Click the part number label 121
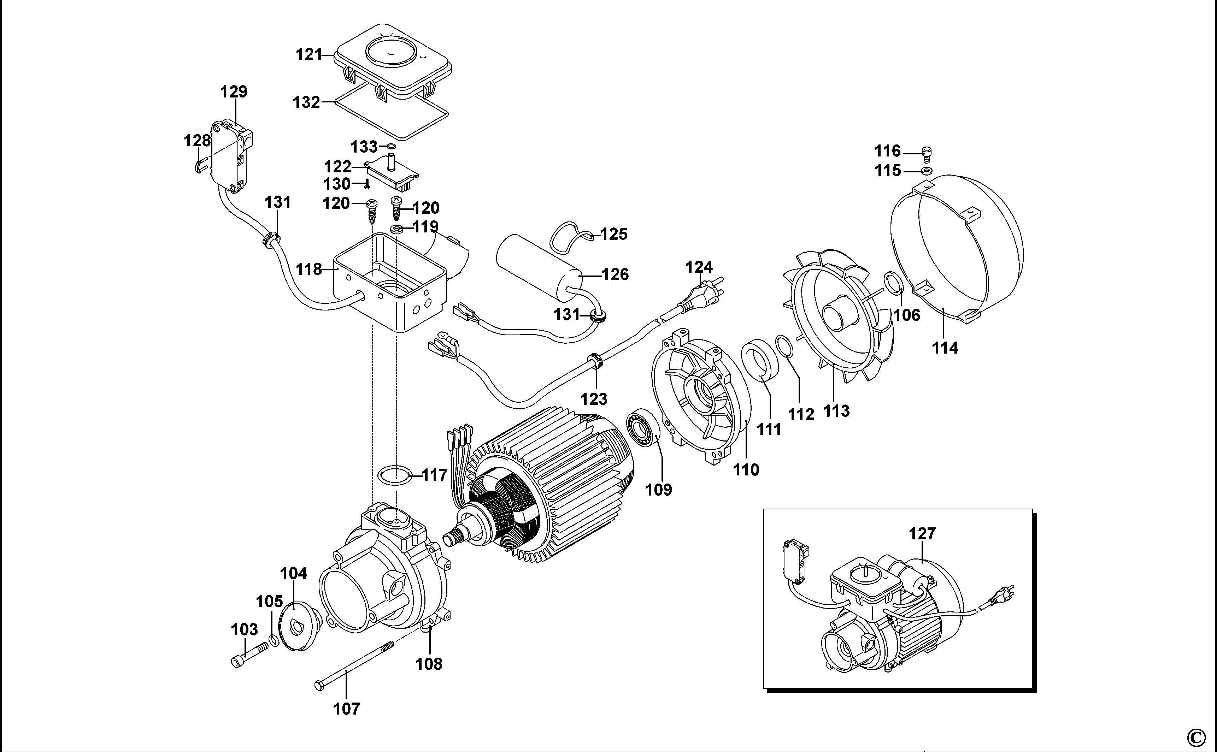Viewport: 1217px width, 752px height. [310, 55]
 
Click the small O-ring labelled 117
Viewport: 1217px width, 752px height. [395, 475]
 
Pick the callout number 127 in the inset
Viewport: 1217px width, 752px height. [922, 534]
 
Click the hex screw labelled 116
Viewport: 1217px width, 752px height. [927, 154]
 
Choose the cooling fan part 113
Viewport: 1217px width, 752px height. [841, 318]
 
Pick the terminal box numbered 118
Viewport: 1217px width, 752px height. [388, 284]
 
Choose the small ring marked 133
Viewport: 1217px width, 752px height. [391, 147]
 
